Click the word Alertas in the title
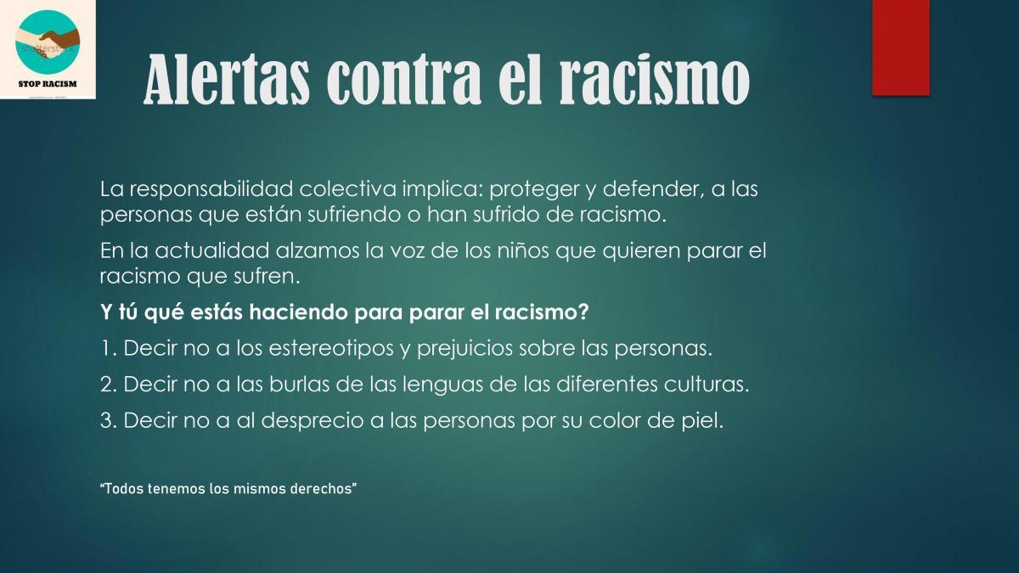point(227,80)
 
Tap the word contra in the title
point(403,81)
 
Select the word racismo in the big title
point(655,80)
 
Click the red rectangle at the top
point(901,48)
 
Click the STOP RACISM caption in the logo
point(48,84)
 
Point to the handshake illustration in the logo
point(48,41)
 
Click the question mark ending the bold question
point(584,312)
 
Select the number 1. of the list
point(109,348)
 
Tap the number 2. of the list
point(109,385)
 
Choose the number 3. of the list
point(109,421)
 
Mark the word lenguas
point(442,385)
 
